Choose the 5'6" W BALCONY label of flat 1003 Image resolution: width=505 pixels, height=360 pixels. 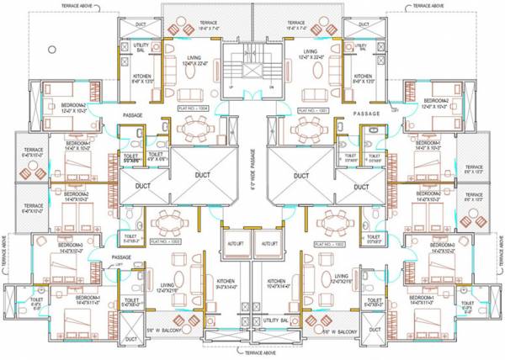172,331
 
